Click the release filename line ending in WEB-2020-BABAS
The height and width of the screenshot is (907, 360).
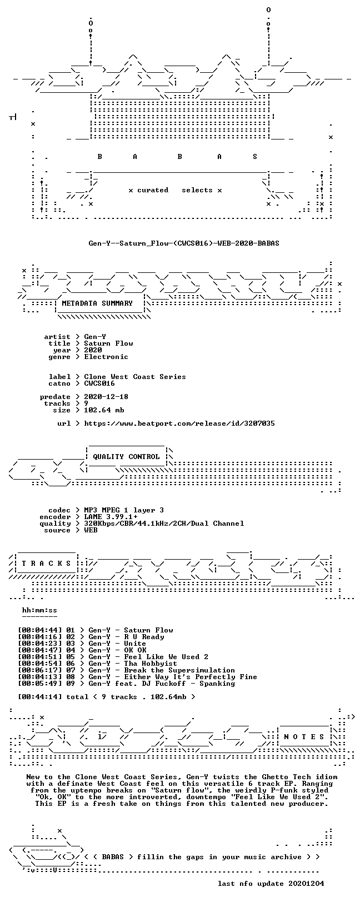184,243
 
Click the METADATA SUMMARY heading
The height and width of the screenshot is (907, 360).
97,303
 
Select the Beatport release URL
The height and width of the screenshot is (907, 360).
179,423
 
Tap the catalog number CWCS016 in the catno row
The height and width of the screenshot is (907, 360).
99,383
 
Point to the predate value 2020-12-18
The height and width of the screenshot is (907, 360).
106,397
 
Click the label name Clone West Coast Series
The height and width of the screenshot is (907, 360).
135,377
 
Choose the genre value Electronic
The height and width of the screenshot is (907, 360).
106,357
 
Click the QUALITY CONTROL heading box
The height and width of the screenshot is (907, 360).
126,457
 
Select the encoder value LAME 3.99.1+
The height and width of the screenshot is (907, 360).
111,517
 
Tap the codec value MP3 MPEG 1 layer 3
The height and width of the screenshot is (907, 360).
124,510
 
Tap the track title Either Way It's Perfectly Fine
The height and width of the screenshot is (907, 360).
191,676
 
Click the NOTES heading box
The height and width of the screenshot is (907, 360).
304,736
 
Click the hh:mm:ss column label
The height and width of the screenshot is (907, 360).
39,610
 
